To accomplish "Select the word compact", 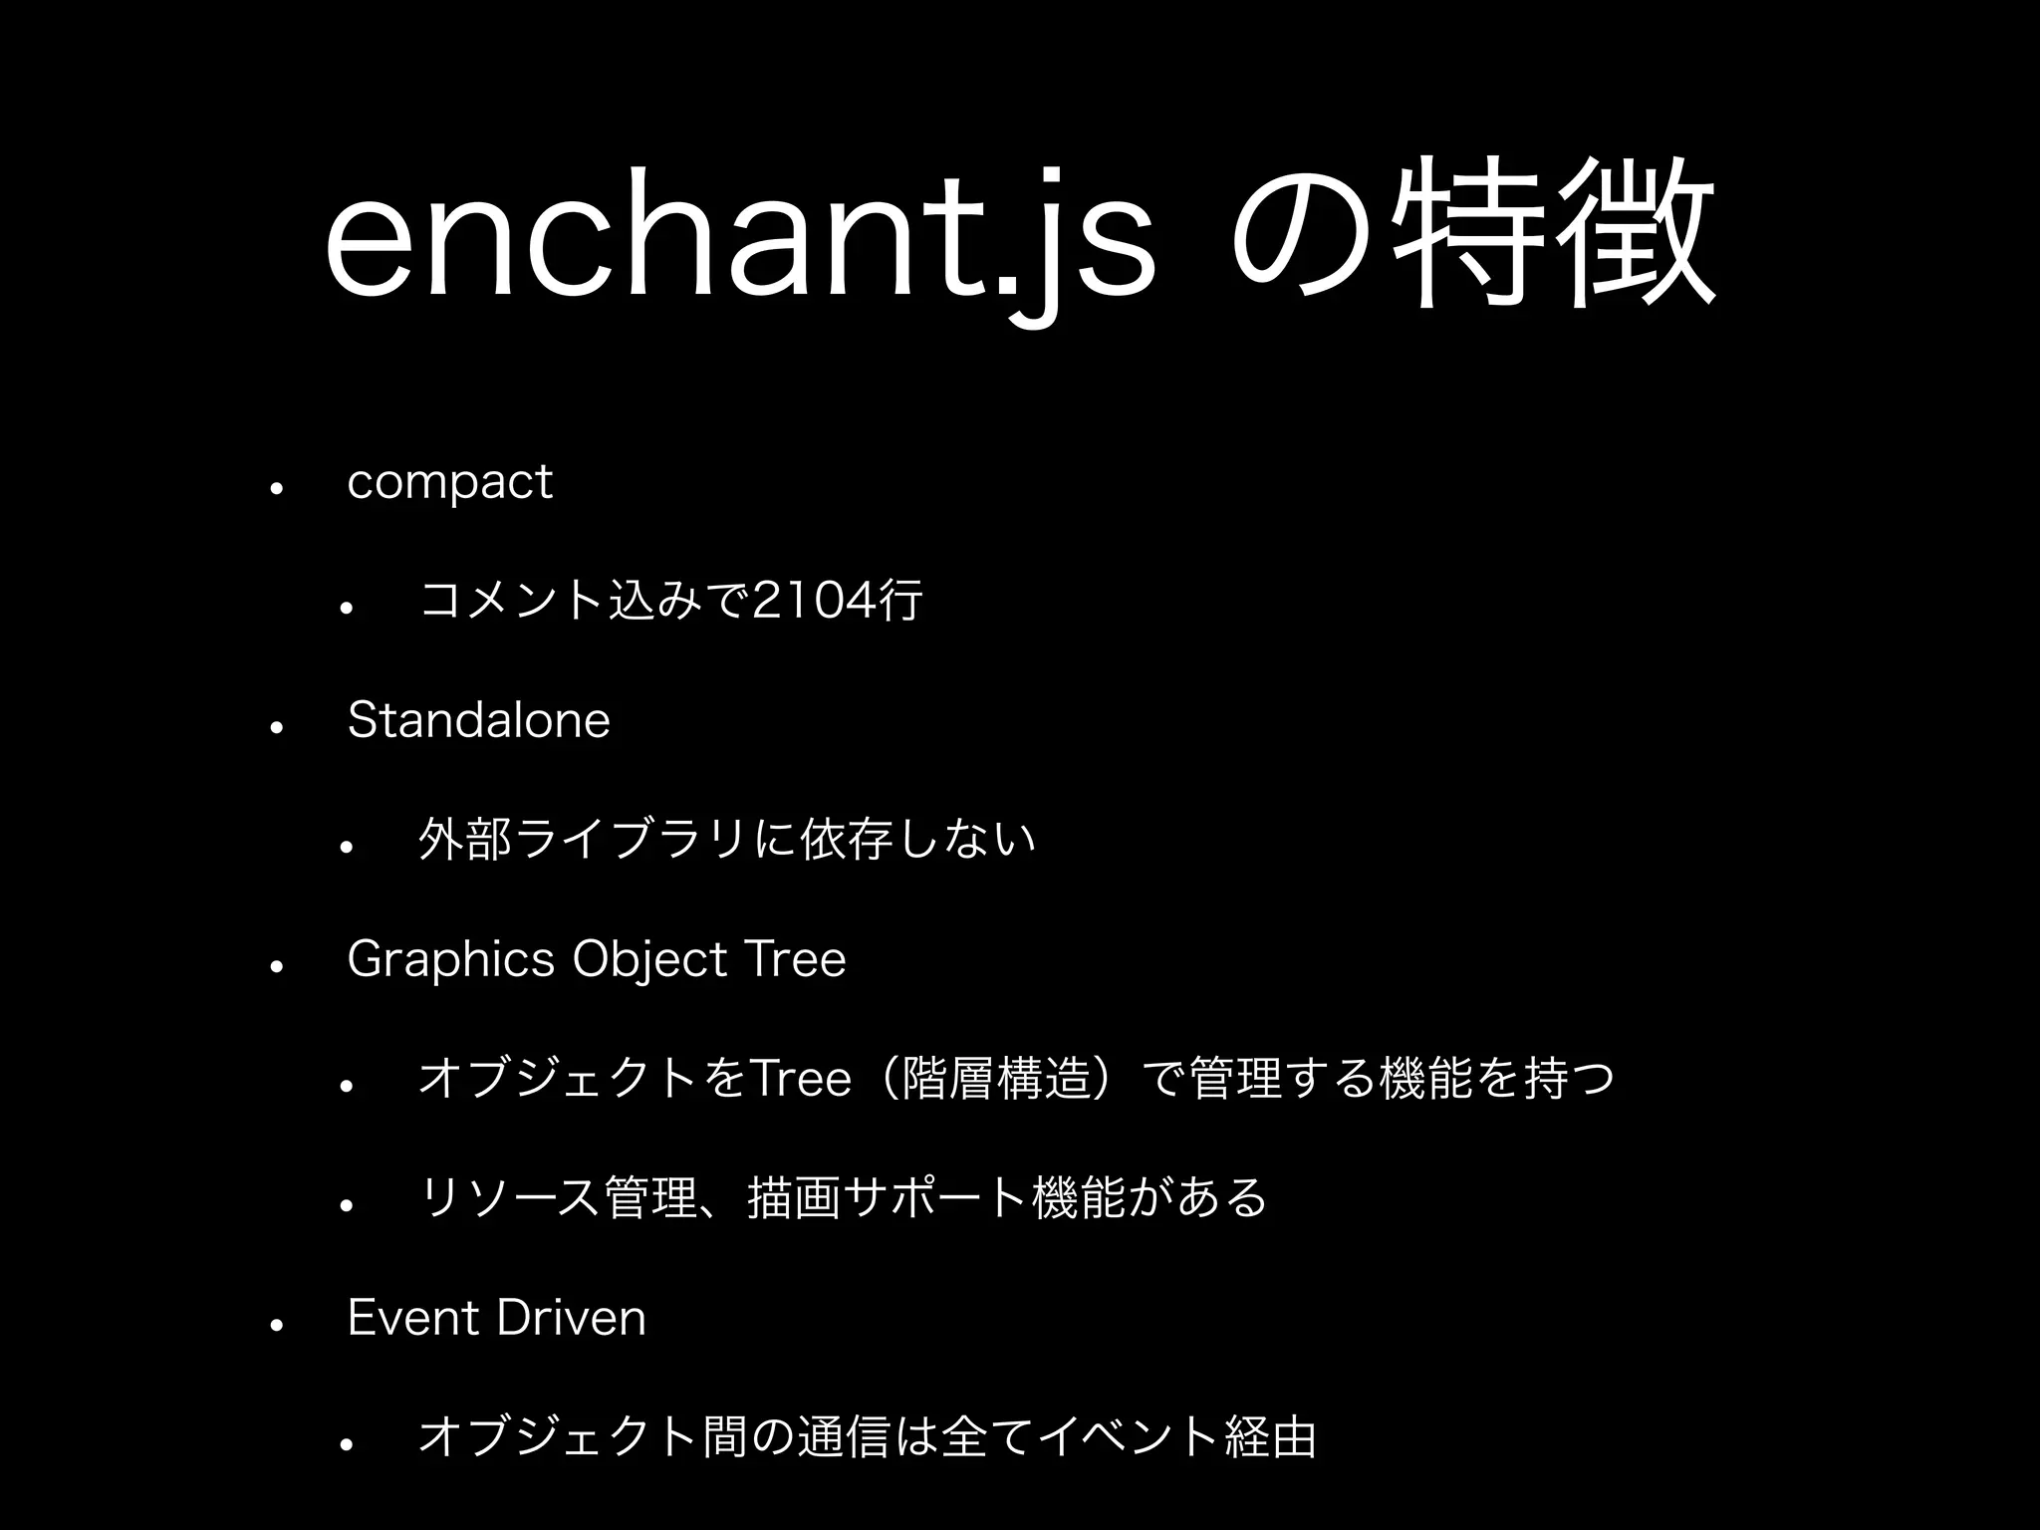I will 449,483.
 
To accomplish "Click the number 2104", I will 812,601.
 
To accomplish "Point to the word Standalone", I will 478,720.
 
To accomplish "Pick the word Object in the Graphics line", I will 650,960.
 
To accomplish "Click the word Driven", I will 571,1318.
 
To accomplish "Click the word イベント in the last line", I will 1127,1437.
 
